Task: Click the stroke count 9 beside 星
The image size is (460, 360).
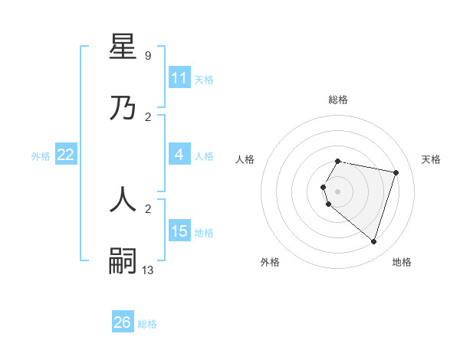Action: click(x=147, y=55)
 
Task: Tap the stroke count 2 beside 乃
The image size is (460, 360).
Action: click(x=147, y=116)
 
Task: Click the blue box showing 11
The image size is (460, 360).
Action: click(x=179, y=78)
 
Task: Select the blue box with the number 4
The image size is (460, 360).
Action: click(x=179, y=155)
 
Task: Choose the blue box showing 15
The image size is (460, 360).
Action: click(x=179, y=231)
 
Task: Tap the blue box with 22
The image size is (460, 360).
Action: click(x=66, y=155)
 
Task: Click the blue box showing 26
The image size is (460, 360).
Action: click(x=123, y=322)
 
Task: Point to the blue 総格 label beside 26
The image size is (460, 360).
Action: click(x=147, y=324)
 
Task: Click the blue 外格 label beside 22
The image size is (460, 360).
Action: click(x=41, y=156)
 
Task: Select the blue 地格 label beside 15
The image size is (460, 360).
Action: click(x=204, y=233)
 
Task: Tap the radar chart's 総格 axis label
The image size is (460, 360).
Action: click(x=338, y=100)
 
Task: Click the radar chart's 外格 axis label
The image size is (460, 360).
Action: click(x=270, y=262)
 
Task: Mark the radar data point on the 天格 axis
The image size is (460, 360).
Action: click(x=396, y=172)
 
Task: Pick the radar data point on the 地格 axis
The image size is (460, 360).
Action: click(x=373, y=241)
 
